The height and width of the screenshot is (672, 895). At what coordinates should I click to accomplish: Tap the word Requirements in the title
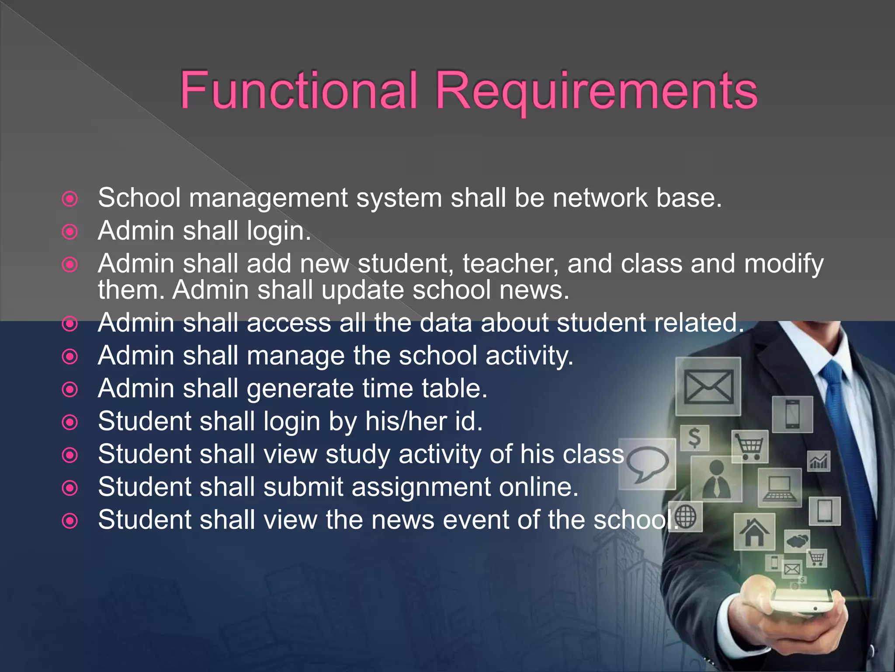coord(597,92)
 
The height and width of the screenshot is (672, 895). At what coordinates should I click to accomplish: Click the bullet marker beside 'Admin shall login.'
coord(70,231)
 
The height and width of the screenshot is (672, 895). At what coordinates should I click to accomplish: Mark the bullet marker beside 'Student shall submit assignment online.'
coord(70,488)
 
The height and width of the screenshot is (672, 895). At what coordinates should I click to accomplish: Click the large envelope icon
coord(708,387)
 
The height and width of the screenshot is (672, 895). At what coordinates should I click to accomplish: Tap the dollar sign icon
coord(694,437)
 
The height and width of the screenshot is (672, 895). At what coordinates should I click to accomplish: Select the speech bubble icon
coord(647,464)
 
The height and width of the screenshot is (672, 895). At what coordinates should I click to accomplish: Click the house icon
coord(754,532)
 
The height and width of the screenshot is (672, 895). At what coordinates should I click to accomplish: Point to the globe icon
coord(686,517)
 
